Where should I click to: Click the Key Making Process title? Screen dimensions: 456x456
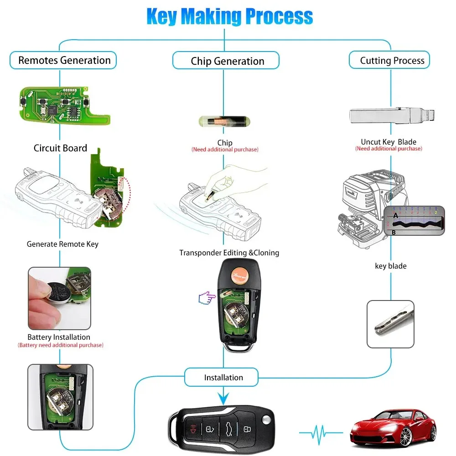[229, 16]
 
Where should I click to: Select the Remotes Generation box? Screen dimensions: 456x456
[63, 60]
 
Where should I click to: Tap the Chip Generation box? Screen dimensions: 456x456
[227, 61]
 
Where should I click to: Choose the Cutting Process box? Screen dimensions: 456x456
[392, 60]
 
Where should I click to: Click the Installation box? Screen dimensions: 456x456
[223, 378]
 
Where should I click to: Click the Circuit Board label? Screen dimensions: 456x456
[60, 148]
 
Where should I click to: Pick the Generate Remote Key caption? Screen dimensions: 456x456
[62, 244]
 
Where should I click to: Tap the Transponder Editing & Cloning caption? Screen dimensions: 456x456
[229, 253]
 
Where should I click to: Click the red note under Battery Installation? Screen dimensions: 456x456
[60, 345]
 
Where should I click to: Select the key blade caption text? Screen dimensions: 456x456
[390, 266]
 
